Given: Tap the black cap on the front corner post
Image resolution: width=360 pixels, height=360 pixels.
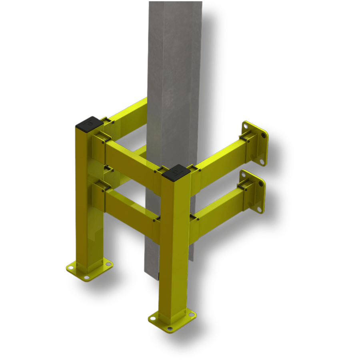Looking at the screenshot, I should [176, 172].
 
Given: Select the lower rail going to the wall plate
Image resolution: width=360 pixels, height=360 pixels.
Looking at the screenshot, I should [218, 208].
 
